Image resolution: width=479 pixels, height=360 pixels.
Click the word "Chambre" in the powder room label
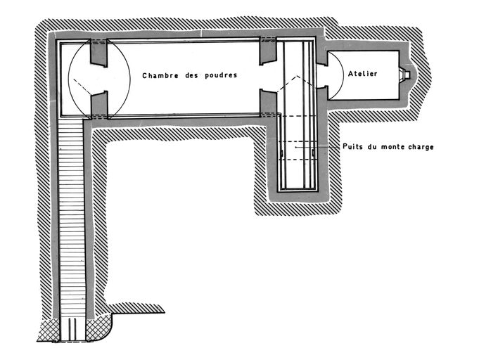160,75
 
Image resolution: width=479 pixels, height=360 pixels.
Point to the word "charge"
419,147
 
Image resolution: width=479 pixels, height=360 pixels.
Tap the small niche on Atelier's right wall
407,73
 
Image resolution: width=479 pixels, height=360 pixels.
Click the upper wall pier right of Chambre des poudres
267,51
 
